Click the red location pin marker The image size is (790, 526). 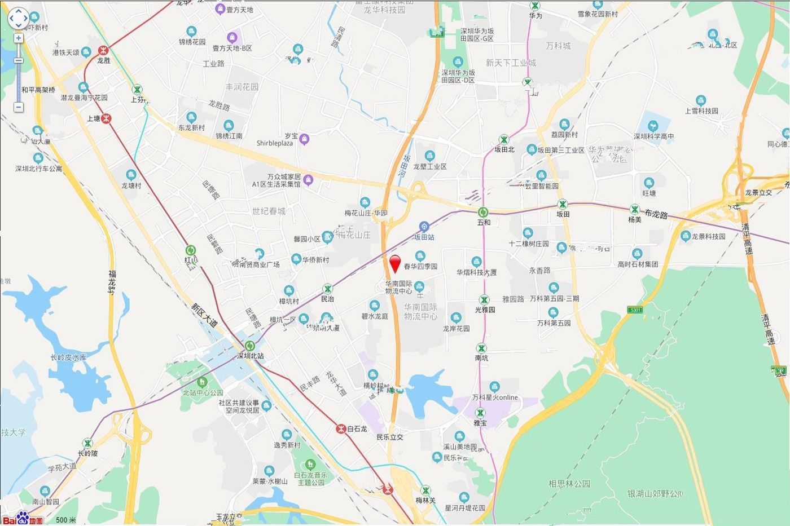[x=396, y=263]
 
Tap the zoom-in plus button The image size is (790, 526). [x=19, y=38]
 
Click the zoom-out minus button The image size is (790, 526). [x=19, y=107]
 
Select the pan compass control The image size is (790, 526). [x=18, y=18]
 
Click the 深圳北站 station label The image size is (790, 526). [x=251, y=356]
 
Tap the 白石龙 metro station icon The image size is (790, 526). [x=341, y=428]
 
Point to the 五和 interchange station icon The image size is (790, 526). [x=483, y=213]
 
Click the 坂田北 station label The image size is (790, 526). [x=504, y=149]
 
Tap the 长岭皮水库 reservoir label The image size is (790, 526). [x=68, y=357]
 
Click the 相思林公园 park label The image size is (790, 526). [x=569, y=484]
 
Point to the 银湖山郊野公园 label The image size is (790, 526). [x=655, y=494]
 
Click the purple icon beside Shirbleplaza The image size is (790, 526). [x=305, y=139]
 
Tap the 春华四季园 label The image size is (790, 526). [x=420, y=266]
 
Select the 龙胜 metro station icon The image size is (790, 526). [x=103, y=51]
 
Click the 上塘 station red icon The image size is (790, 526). [x=106, y=118]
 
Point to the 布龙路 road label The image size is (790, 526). [x=656, y=215]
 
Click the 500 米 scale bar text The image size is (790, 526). [x=66, y=520]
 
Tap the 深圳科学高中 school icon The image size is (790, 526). [x=653, y=125]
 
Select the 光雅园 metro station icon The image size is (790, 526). [x=484, y=300]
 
